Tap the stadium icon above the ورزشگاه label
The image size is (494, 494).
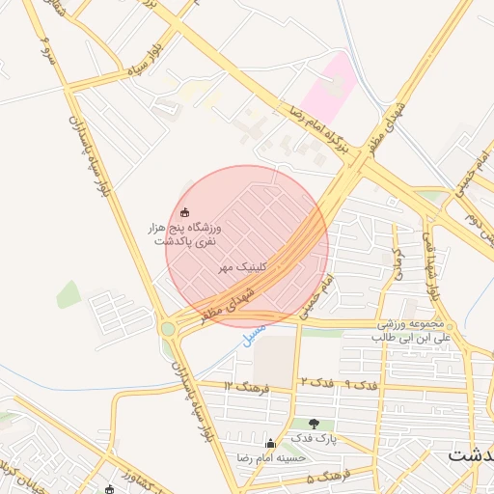point(186,211)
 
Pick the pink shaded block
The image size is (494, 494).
point(327,88)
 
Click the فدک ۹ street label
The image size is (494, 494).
point(360,385)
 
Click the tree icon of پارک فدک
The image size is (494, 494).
point(314,424)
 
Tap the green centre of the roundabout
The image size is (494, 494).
point(169,328)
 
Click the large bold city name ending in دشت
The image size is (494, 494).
point(473,454)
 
